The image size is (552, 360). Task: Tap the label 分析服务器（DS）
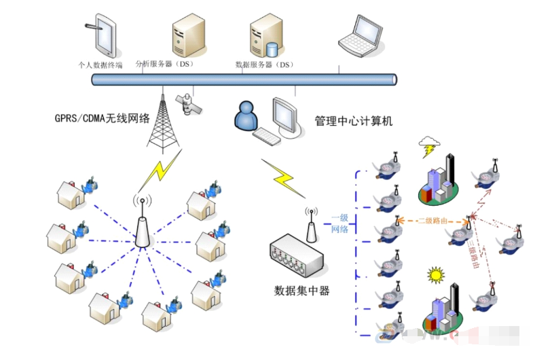pos(165,65)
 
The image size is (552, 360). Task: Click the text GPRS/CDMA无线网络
pos(102,118)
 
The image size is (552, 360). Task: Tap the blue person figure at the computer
pos(246,116)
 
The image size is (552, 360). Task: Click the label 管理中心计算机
pos(353,122)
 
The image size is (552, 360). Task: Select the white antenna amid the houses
pos(142,224)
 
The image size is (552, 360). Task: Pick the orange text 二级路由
pos(432,221)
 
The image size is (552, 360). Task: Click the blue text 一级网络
pos(339,223)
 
